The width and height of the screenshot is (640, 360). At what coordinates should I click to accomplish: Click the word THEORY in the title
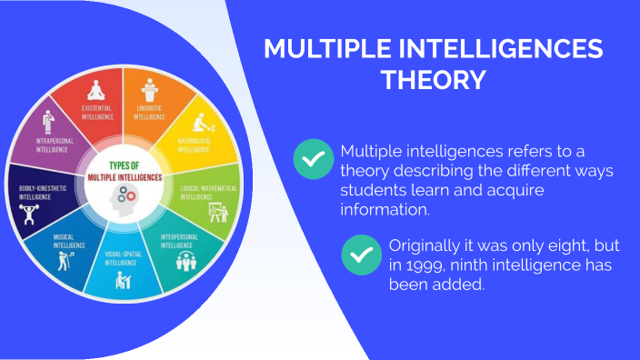[432, 80]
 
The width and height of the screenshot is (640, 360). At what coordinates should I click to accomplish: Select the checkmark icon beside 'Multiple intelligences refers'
[313, 159]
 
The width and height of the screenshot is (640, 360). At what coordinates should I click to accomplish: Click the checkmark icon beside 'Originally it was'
[361, 255]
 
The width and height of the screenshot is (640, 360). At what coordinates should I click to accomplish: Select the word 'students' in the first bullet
[372, 190]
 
